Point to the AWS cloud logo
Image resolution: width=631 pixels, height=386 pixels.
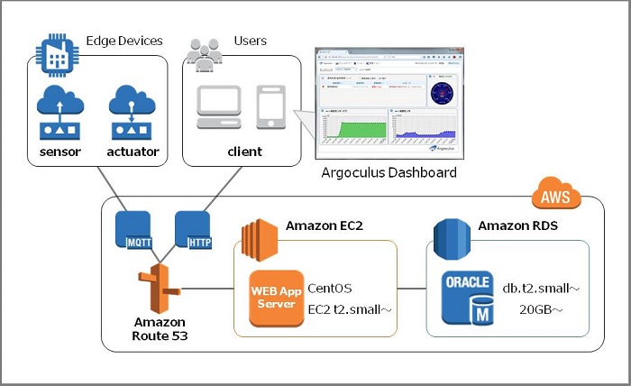(556, 195)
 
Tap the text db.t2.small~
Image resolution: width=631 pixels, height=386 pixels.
(541, 289)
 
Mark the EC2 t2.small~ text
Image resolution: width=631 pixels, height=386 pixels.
(349, 308)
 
